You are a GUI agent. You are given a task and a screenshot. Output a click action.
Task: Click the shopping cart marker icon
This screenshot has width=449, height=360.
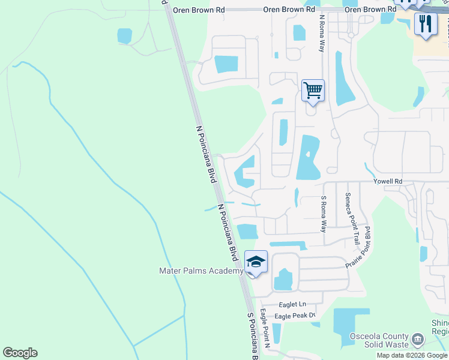pos(313,91)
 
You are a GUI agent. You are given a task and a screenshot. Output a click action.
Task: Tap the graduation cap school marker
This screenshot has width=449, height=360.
pos(256,262)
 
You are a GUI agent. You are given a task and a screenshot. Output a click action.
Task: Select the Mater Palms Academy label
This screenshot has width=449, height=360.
pos(201,271)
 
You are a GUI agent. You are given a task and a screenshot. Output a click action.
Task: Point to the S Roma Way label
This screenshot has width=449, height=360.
pos(324,214)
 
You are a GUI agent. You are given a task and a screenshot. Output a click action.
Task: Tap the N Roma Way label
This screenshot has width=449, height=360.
pos(322,33)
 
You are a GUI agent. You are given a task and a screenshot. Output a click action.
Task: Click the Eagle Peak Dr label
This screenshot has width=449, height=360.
pos(295,316)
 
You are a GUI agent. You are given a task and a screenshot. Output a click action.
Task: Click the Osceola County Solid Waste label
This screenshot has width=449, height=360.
pos(379,341)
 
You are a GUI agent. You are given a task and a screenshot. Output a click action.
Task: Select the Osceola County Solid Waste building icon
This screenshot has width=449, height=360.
pos(415,341)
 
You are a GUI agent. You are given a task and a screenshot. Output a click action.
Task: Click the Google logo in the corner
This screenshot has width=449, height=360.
pos(20,353)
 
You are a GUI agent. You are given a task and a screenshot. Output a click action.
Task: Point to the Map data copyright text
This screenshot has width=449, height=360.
pos(412,355)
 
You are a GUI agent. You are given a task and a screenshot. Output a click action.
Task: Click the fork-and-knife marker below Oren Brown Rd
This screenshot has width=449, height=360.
pos(426,24)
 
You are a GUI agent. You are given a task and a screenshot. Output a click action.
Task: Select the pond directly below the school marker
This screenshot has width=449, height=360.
pos(283,279)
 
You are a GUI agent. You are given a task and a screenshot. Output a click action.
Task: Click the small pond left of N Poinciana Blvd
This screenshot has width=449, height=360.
pos(124,36)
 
